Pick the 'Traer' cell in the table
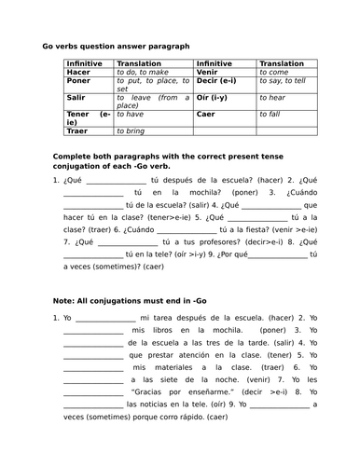click(x=77, y=132)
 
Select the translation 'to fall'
click(x=270, y=115)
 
